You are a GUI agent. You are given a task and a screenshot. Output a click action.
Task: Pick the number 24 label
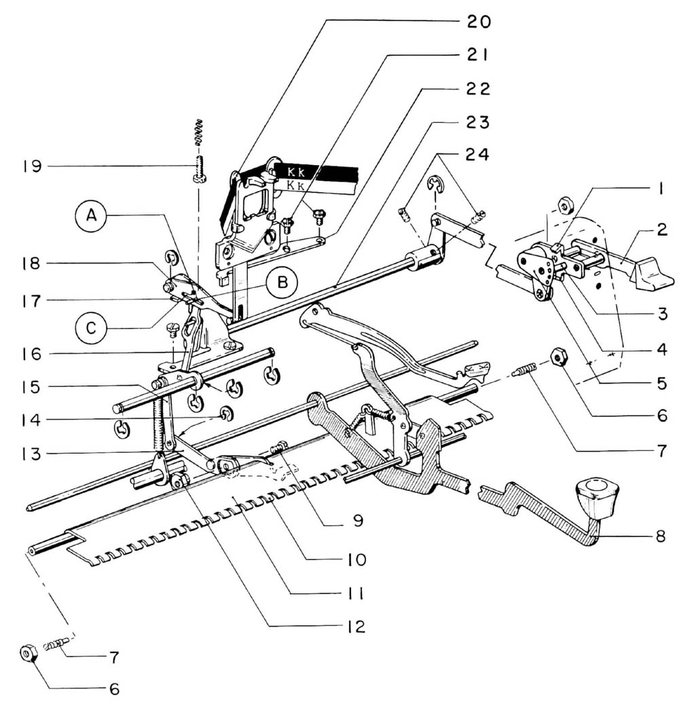pyautogui.click(x=478, y=155)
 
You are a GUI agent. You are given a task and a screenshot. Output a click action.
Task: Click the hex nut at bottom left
pyautogui.click(x=29, y=654)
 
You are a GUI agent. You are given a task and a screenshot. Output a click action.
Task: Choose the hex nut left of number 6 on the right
pyautogui.click(x=559, y=356)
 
